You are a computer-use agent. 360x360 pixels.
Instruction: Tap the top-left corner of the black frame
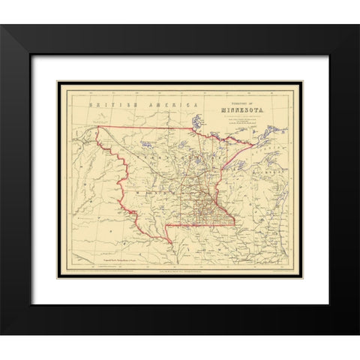click(3, 27)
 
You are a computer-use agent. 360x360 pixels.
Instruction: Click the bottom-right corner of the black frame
click(357, 332)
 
